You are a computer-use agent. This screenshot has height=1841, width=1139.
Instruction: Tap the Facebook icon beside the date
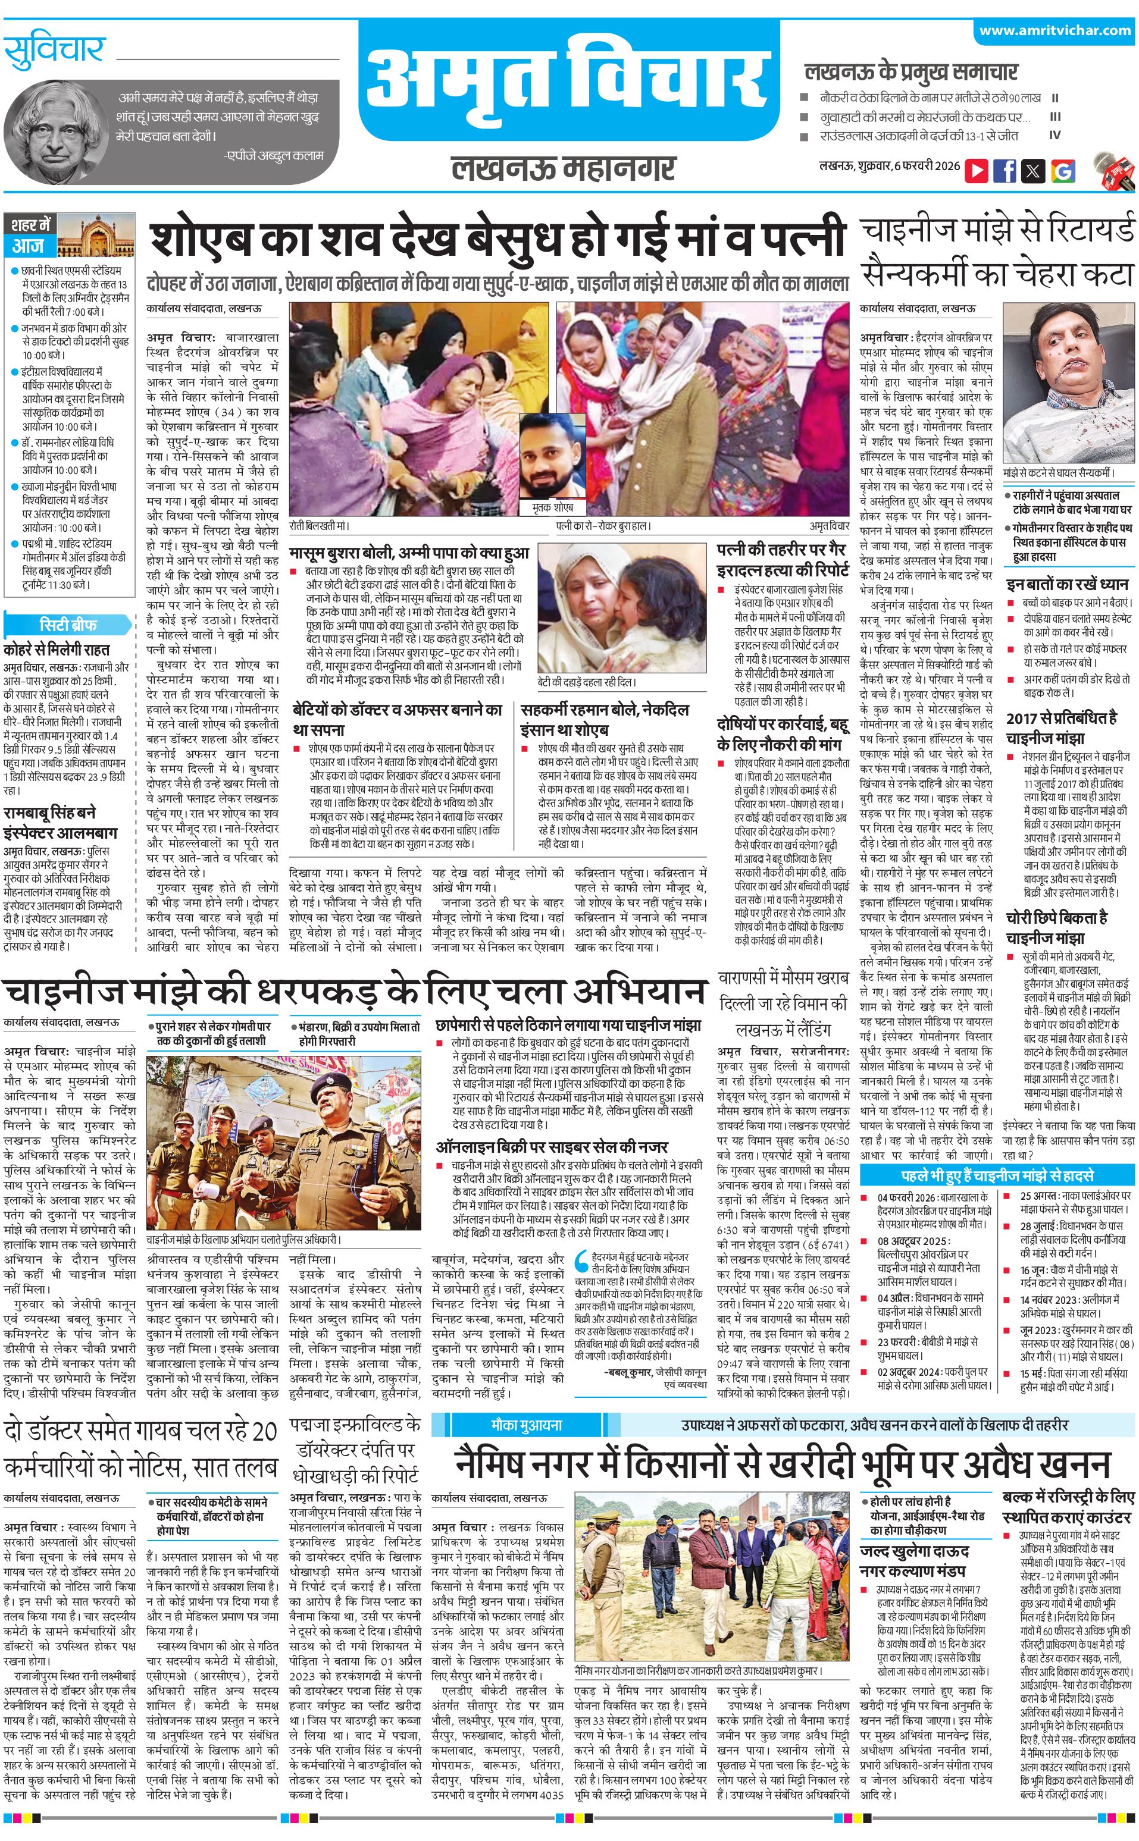click(1004, 170)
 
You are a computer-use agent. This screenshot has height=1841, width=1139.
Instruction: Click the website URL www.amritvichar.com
click(1054, 31)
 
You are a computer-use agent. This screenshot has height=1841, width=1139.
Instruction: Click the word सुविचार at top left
click(54, 51)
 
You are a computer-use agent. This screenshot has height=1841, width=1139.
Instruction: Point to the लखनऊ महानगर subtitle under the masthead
click(563, 168)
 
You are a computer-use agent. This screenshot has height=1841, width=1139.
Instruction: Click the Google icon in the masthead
click(1062, 170)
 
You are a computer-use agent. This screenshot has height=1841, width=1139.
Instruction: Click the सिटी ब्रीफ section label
click(68, 624)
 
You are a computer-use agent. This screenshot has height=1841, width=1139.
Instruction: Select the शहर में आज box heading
click(31, 235)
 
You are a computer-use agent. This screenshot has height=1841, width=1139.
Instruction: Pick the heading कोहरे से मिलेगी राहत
click(57, 649)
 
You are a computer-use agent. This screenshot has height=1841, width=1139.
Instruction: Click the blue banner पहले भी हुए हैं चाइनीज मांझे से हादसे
click(997, 1175)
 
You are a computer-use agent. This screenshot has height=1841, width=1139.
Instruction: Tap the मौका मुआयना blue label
click(527, 1425)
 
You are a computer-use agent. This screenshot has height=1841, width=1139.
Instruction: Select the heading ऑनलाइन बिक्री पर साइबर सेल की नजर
click(552, 1146)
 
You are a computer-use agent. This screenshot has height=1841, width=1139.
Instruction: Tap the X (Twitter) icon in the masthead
click(1033, 170)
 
